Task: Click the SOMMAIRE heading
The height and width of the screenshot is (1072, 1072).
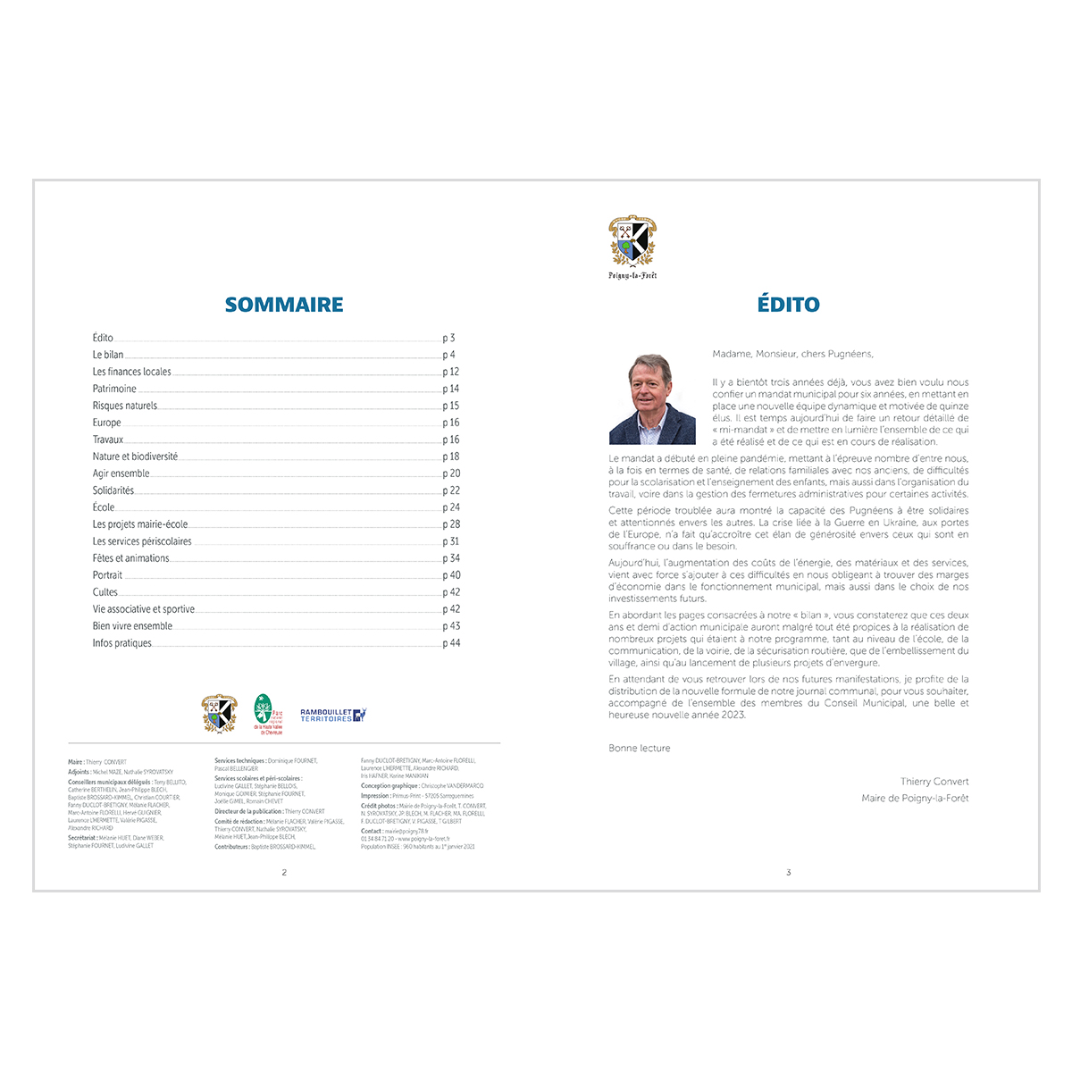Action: point(284,305)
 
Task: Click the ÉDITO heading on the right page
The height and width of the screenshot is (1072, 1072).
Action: point(788,305)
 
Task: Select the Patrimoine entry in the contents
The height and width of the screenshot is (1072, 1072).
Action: point(114,389)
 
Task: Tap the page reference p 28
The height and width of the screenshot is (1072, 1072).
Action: point(451,524)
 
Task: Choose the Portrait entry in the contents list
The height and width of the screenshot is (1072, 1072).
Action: point(107,575)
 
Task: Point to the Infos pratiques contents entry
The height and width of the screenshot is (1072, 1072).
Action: point(122,643)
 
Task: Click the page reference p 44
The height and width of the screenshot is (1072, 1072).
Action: point(451,643)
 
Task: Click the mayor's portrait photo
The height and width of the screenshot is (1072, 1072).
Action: point(652,399)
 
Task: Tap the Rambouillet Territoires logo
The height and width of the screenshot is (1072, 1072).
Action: point(333,715)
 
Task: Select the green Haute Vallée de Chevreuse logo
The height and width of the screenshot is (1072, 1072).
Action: point(264,713)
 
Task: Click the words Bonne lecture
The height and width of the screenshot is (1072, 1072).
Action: point(640,749)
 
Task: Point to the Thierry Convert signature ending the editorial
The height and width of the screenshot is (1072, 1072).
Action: point(934,782)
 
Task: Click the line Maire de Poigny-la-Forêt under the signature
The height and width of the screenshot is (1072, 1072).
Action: point(915,799)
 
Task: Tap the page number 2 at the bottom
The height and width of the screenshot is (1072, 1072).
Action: point(284,873)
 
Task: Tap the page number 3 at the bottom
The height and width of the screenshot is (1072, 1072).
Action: point(788,873)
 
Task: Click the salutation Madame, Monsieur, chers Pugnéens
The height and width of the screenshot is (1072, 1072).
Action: point(792,354)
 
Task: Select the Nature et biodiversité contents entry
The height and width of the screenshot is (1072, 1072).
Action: point(135,456)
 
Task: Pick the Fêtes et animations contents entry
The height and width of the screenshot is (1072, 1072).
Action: point(130,558)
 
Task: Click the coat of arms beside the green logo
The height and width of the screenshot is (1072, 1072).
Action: point(219,713)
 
